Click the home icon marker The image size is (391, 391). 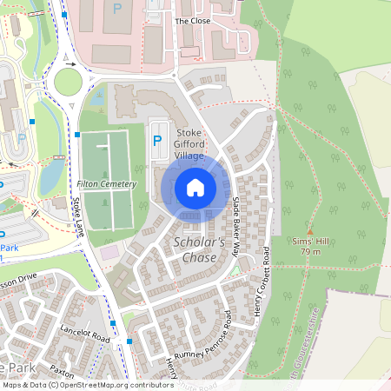coord(195,188)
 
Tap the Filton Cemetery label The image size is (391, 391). coord(107,184)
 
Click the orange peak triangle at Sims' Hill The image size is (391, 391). coord(309,231)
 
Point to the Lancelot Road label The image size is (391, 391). coord(85,333)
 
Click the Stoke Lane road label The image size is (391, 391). coord(79,217)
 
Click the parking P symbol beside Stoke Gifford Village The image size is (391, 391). coord(157,139)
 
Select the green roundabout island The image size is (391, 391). coord(68,83)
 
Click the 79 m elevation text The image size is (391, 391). coord(309,251)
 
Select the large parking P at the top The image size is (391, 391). coord(117,9)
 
